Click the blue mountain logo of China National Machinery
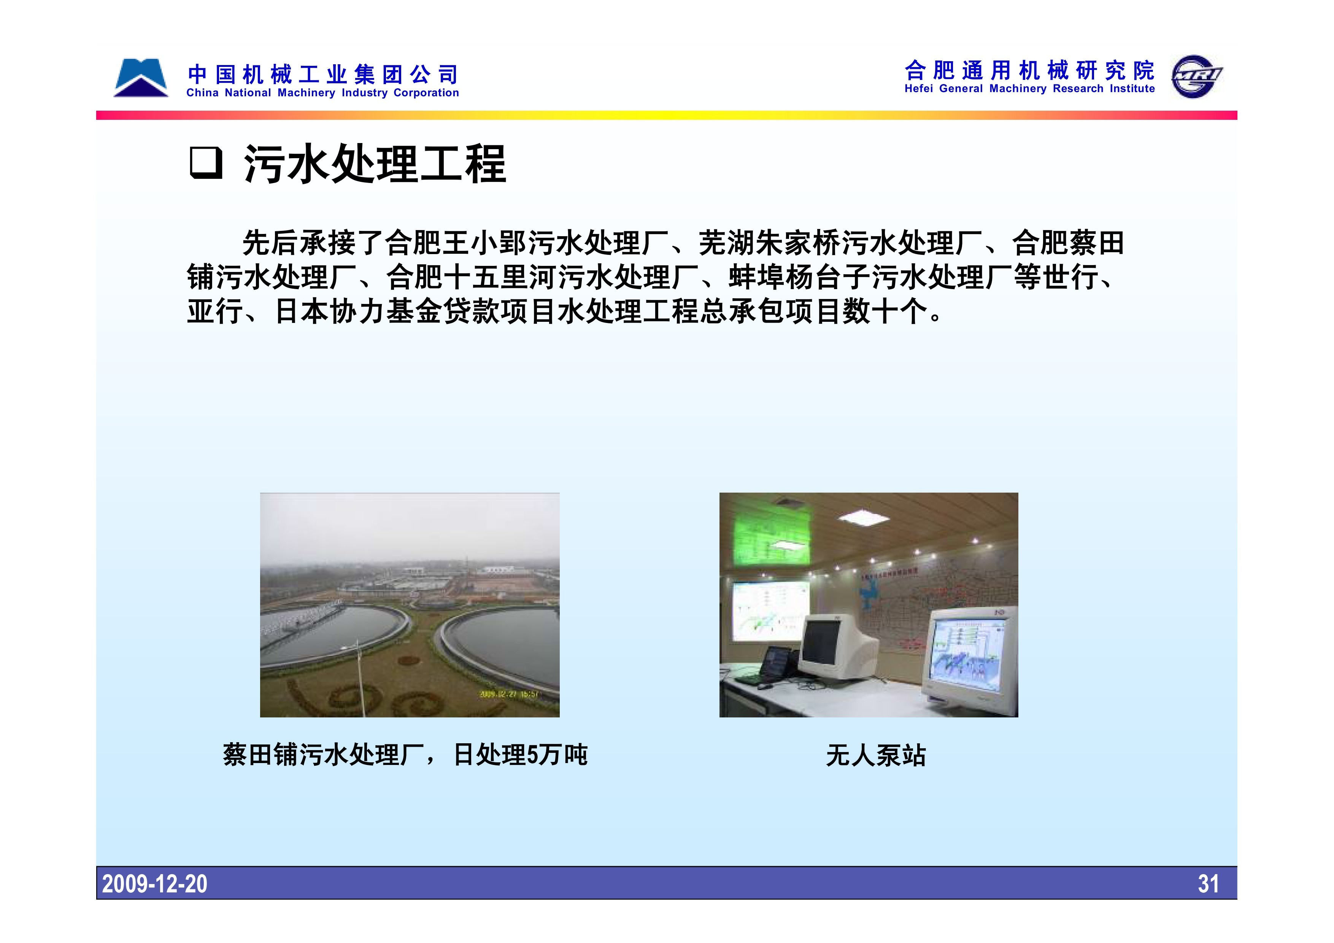tap(141, 78)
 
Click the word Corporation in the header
tap(426, 93)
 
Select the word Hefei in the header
tap(919, 89)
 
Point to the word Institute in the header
tap(1132, 89)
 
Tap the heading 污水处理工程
tap(375, 164)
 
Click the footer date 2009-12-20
tap(154, 884)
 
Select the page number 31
tap(1209, 884)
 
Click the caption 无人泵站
tap(876, 755)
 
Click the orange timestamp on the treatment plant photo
tap(508, 694)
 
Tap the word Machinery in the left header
tap(306, 93)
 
